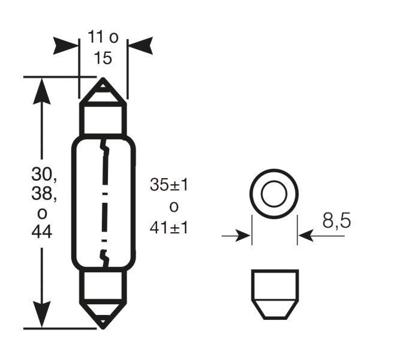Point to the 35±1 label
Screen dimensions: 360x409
(x=169, y=185)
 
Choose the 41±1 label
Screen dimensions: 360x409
(x=169, y=227)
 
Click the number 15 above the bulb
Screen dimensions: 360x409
(x=103, y=59)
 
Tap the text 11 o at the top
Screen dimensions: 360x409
(x=103, y=38)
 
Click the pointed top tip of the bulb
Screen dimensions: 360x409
(x=103, y=80)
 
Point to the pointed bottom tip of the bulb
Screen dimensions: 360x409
(x=103, y=326)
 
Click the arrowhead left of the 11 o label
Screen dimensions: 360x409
(x=66, y=45)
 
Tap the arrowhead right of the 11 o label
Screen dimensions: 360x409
(x=140, y=45)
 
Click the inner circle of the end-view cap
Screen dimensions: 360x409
(x=274, y=193)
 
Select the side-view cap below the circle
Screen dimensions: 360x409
(x=274, y=295)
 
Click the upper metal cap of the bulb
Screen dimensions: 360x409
(x=103, y=114)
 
